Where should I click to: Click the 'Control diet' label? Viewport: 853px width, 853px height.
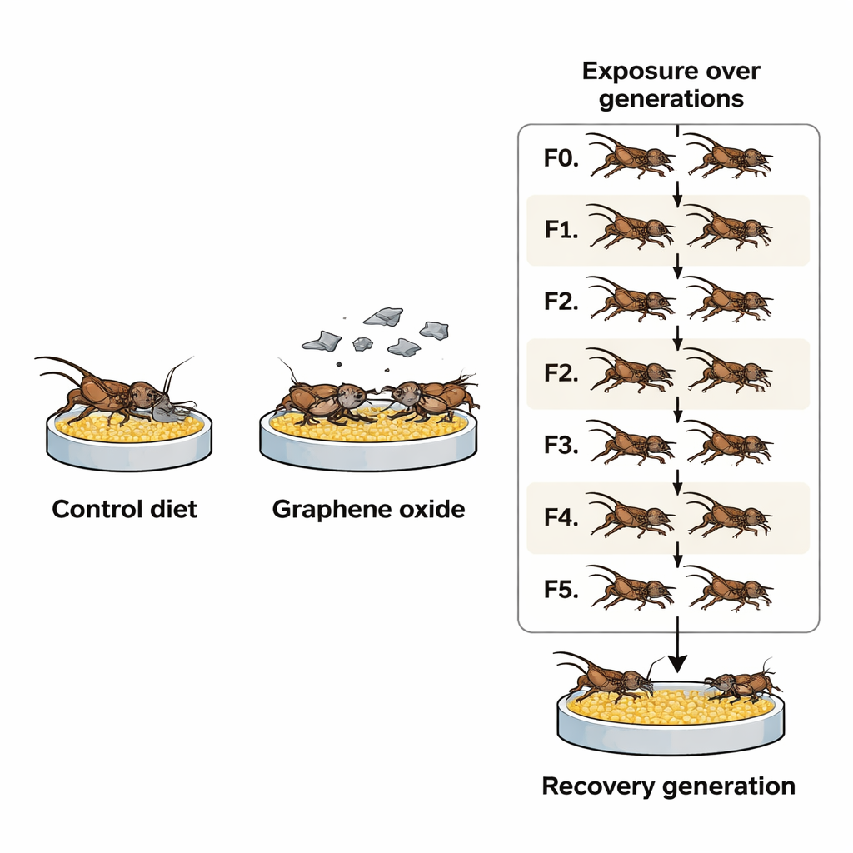tap(125, 509)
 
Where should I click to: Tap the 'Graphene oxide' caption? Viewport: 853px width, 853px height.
tap(368, 509)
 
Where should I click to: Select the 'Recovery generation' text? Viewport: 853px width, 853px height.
tap(668, 786)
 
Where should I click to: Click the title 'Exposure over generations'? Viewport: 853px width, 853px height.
tap(671, 84)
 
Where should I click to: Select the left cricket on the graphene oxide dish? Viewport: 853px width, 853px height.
tap(321, 398)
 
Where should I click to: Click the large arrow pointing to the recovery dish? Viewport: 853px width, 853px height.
tap(678, 650)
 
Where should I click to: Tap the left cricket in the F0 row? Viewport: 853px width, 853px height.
tap(631, 157)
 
